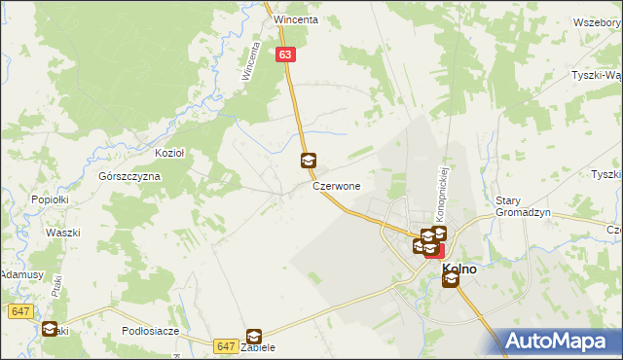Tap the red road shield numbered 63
[x=284, y=56]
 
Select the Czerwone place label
[x=337, y=185]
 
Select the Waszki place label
[x=62, y=234]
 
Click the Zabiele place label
[x=258, y=348]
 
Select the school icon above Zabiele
[x=254, y=336]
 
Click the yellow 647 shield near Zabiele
[x=226, y=345]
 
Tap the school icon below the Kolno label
[x=450, y=281]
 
